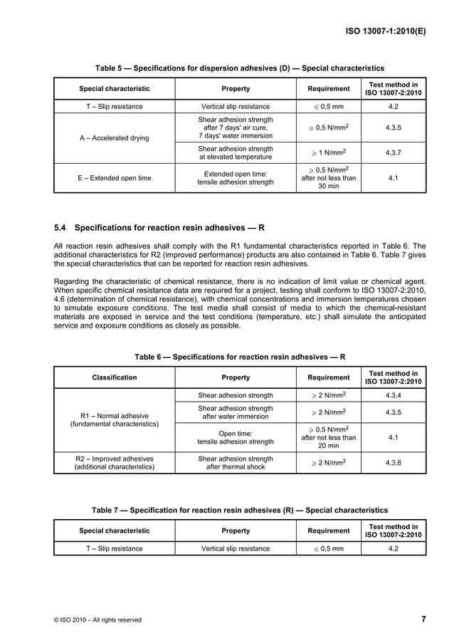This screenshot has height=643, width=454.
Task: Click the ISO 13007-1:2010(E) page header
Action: pos(386,31)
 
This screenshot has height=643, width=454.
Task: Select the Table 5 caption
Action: pos(240,68)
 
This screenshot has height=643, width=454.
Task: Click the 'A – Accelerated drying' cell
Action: pos(114,138)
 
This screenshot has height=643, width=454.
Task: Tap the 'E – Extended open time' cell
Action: pos(114,178)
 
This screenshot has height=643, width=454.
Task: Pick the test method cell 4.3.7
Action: pos(393,152)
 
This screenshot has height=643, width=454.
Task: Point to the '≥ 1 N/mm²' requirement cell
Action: pos(328,152)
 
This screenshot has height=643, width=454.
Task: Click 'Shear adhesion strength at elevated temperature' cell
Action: pos(236,152)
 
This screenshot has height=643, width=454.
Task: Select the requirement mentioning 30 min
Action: pos(328,178)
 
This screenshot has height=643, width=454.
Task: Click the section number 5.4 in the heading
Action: pos(60,228)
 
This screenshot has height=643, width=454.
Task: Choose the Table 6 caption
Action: pos(240,355)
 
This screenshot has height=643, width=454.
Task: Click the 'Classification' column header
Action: pos(114,377)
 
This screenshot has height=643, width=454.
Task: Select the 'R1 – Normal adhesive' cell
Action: pos(114,419)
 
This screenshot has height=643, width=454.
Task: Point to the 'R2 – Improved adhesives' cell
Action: pos(114,463)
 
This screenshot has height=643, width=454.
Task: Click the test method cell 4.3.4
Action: pos(393,394)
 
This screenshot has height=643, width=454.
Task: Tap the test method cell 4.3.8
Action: pos(393,463)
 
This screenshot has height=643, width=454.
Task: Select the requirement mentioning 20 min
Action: pos(328,437)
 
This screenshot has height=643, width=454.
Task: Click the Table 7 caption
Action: pos(240,510)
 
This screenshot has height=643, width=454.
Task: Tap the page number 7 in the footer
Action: pos(423,619)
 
